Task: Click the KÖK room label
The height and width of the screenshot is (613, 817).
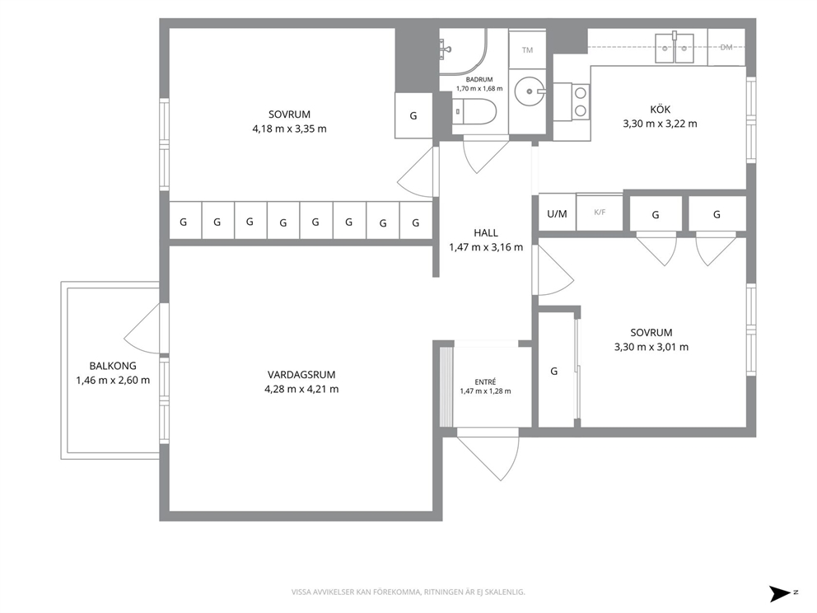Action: pyautogui.click(x=661, y=110)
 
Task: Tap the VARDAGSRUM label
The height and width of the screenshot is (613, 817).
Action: pyautogui.click(x=301, y=374)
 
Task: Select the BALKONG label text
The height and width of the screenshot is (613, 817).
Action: pyautogui.click(x=113, y=366)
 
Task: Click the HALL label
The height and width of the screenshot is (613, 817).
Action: pyautogui.click(x=486, y=233)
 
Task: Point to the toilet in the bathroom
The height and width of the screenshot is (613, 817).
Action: pyautogui.click(x=474, y=112)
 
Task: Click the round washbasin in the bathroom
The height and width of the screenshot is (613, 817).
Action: pyautogui.click(x=530, y=91)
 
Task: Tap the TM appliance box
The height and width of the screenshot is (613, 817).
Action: pyautogui.click(x=527, y=50)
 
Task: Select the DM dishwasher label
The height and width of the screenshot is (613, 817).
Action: pyautogui.click(x=726, y=48)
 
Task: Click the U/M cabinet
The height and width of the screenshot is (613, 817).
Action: pyautogui.click(x=557, y=213)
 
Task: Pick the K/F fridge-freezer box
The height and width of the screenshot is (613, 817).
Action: pyautogui.click(x=600, y=213)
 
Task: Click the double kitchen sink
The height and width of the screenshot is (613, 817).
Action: pyautogui.click(x=675, y=48)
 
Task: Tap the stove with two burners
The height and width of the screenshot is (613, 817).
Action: pyautogui.click(x=572, y=102)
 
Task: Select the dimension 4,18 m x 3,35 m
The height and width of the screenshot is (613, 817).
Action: pyautogui.click(x=290, y=129)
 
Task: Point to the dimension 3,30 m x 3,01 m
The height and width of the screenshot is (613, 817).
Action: pyautogui.click(x=651, y=347)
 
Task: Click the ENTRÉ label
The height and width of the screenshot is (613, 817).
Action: pyautogui.click(x=486, y=381)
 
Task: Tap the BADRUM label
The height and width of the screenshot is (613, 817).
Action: pyautogui.click(x=479, y=80)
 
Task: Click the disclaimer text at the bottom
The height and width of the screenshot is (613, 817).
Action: pyautogui.click(x=408, y=592)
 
